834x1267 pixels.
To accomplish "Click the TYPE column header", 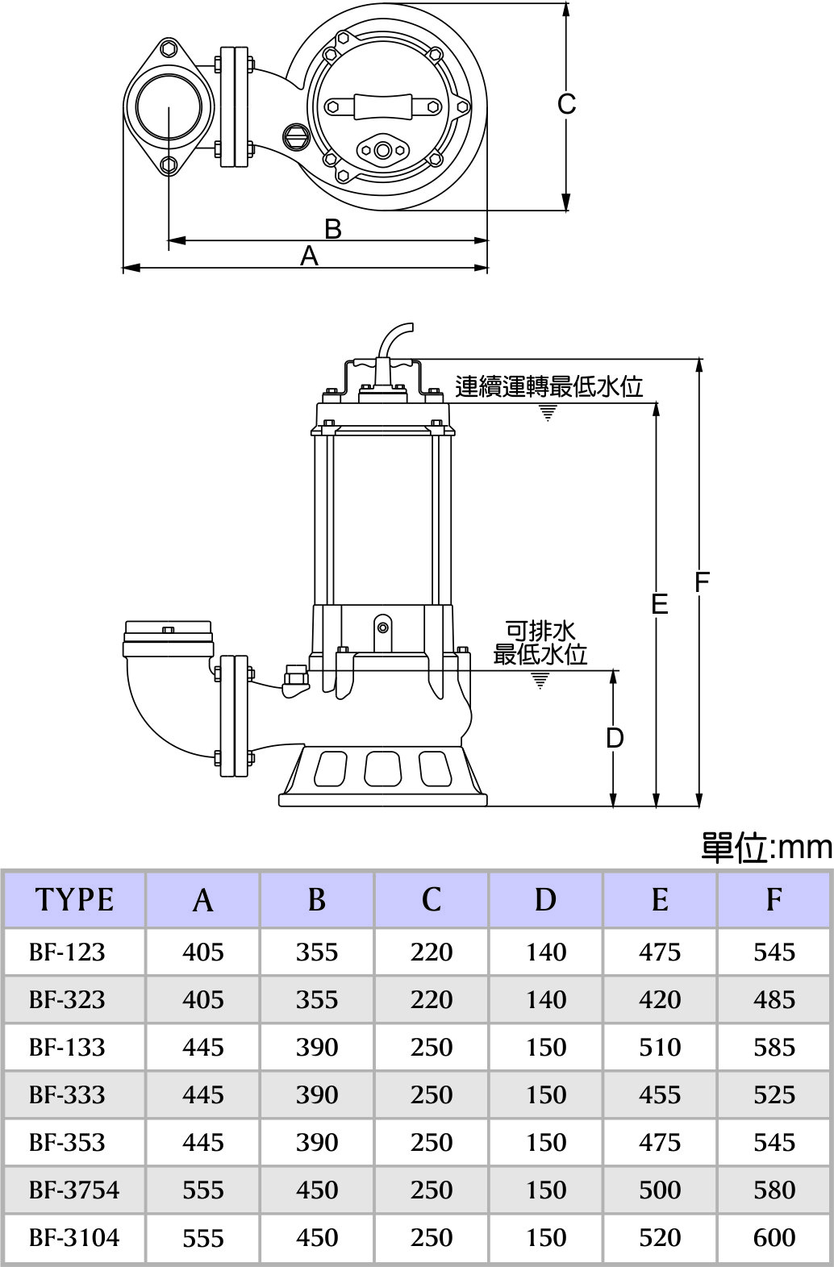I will pyautogui.click(x=74, y=900).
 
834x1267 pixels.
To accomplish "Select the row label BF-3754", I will pyautogui.click(x=74, y=1190).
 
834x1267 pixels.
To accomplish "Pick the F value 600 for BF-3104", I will pyautogui.click(x=774, y=1237).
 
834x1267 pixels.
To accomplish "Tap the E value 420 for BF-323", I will pyautogui.click(x=660, y=999).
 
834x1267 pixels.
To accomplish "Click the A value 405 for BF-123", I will pyautogui.click(x=202, y=952).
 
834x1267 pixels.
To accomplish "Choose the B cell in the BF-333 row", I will pyautogui.click(x=316, y=1094).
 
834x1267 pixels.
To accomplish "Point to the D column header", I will pyautogui.click(x=545, y=900).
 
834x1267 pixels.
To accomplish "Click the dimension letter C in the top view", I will pyautogui.click(x=566, y=105).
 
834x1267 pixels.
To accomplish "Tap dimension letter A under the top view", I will pyautogui.click(x=309, y=256).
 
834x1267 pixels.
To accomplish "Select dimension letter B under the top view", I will pyautogui.click(x=332, y=230).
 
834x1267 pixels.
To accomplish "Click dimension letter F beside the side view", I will pyautogui.click(x=702, y=581).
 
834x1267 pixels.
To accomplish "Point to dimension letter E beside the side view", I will pyautogui.click(x=660, y=604).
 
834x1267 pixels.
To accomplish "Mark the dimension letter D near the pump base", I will pyautogui.click(x=615, y=738).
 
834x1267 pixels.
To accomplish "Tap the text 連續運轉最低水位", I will pyautogui.click(x=548, y=387).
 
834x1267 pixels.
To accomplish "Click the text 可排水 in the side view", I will pyautogui.click(x=540, y=630).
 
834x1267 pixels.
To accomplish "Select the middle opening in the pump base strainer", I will pyautogui.click(x=382, y=768).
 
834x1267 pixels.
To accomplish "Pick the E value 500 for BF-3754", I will pyautogui.click(x=660, y=1190).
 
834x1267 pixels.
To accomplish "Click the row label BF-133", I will pyautogui.click(x=67, y=1047).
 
